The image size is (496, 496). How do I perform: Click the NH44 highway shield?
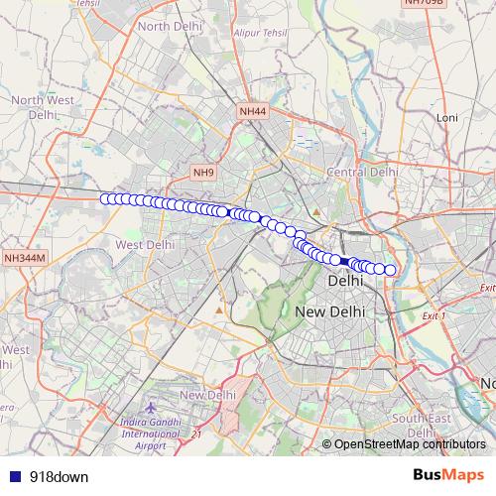pyautogui.click(x=253, y=112)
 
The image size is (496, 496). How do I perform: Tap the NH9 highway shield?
pyautogui.click(x=204, y=173)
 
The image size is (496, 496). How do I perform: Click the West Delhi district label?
pyautogui.click(x=145, y=244)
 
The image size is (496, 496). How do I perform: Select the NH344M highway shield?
pyautogui.click(x=24, y=258)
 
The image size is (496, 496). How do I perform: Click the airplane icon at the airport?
pyautogui.click(x=150, y=408)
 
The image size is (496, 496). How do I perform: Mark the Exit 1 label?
pyautogui.click(x=434, y=315)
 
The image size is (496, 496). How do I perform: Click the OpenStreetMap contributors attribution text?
pyautogui.click(x=409, y=445)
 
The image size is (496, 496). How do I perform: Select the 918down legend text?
pyautogui.click(x=59, y=477)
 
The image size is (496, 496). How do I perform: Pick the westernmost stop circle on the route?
pyautogui.click(x=106, y=198)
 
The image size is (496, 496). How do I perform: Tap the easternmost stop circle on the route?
pyautogui.click(x=390, y=270)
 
